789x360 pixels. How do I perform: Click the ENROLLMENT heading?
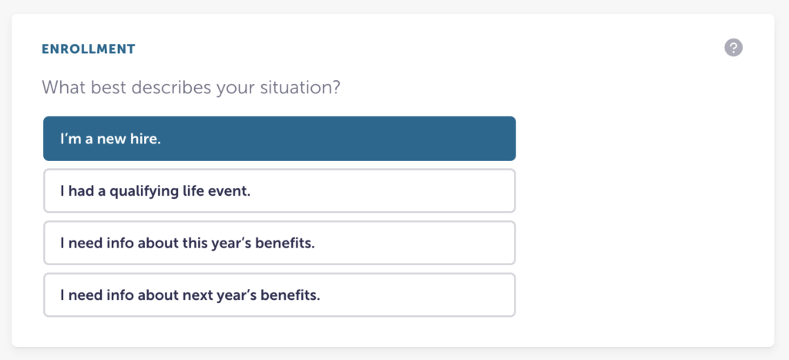click(89, 49)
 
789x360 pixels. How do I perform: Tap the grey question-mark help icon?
click(734, 48)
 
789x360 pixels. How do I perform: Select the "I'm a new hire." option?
click(279, 139)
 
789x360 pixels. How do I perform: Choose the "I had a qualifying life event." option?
click(279, 191)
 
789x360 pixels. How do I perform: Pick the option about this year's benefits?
click(279, 243)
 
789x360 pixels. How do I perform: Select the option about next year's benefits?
click(279, 295)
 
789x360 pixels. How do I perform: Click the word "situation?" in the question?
click(300, 88)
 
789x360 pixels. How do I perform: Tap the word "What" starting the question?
click(64, 88)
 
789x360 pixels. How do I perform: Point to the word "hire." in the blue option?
click(146, 139)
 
